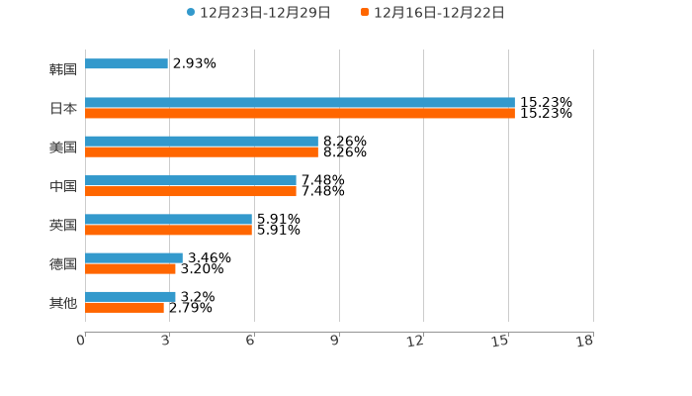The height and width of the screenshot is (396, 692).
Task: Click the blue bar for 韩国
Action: [127, 63]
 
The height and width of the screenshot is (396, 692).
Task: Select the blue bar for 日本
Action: [300, 103]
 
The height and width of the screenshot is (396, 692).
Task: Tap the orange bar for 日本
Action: [300, 114]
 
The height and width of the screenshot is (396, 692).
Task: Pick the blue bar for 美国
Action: [202, 142]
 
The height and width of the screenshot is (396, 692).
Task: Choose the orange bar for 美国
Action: [202, 152]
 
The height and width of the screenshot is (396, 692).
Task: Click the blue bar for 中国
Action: [191, 180]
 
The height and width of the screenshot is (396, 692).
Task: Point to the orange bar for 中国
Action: [191, 191]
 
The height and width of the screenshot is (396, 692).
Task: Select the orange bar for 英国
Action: [168, 230]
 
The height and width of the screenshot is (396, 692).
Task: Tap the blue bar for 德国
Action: [133, 258]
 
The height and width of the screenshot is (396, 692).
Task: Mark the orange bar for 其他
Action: [125, 308]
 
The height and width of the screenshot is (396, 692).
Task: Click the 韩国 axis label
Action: [63, 69]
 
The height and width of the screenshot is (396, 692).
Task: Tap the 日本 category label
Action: [63, 108]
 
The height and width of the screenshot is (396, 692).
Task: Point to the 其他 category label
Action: [63, 302]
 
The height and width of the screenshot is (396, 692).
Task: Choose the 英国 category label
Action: [63, 225]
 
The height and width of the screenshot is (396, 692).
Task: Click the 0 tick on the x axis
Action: [81, 342]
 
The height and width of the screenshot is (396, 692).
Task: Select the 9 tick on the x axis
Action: [334, 342]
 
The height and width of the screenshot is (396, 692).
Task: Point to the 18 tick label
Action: [584, 342]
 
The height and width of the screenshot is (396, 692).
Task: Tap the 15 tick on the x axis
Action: [500, 342]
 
